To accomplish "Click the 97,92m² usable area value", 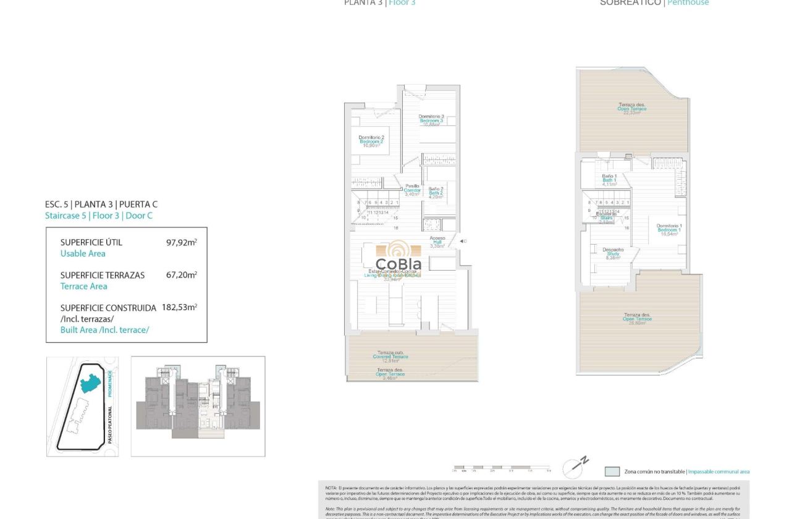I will [181, 243].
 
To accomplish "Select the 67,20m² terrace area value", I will [181, 276].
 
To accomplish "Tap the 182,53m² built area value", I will [179, 308].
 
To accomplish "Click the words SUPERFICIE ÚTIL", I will [91, 243].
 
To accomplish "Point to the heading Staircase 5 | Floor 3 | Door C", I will [99, 216].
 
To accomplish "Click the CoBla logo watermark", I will [399, 257].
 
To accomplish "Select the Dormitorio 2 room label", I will [371, 141].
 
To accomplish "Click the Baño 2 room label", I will [436, 192].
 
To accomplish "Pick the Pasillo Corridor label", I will [412, 189].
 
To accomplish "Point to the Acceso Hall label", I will [437, 241].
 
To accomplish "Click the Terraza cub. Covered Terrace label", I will [390, 355].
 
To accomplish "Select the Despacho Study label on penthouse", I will [613, 253].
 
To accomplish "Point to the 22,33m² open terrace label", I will [631, 109].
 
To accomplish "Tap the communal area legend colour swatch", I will [612, 471].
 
